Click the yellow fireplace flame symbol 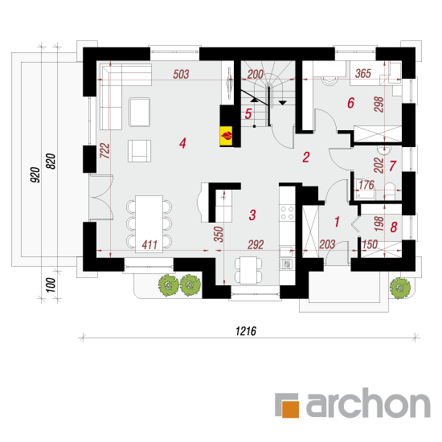pyautogui.click(x=227, y=136)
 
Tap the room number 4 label pyautogui.click(x=182, y=143)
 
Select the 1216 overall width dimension pyautogui.click(x=246, y=331)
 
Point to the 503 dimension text pyautogui.click(x=181, y=75)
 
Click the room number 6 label pyautogui.click(x=350, y=103)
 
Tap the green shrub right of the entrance pyautogui.click(x=400, y=288)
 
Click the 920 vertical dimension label pyautogui.click(x=35, y=174)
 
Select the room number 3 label pyautogui.click(x=252, y=215)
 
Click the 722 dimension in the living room pyautogui.click(x=104, y=150)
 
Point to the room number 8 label pyautogui.click(x=394, y=227)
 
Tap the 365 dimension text pyautogui.click(x=363, y=74)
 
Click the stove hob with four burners pyautogui.click(x=287, y=213)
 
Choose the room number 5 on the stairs pyautogui.click(x=248, y=114)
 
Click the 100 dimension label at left pyautogui.click(x=51, y=285)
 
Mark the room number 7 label pyautogui.click(x=393, y=166)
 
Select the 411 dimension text pyautogui.click(x=149, y=244)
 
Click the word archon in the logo pyautogui.click(x=368, y=403)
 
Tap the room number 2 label pyautogui.click(x=306, y=158)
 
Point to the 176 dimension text pyautogui.click(x=366, y=185)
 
